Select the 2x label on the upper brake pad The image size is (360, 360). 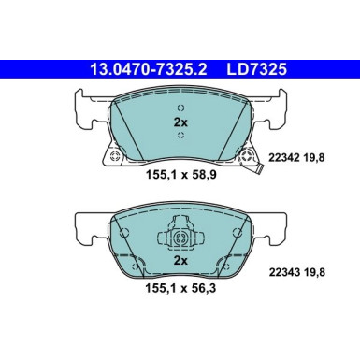[180, 122]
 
